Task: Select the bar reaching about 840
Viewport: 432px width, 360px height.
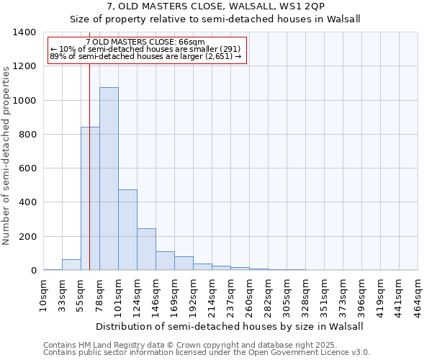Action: tap(90, 199)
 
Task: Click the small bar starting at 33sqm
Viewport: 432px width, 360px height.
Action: tap(71, 265)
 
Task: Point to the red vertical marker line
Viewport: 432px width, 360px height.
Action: tap(89, 144)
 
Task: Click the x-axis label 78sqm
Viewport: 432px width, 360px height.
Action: tap(100, 293)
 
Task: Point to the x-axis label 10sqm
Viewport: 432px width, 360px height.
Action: tap(44, 293)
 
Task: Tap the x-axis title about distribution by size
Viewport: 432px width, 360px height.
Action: tap(230, 326)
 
